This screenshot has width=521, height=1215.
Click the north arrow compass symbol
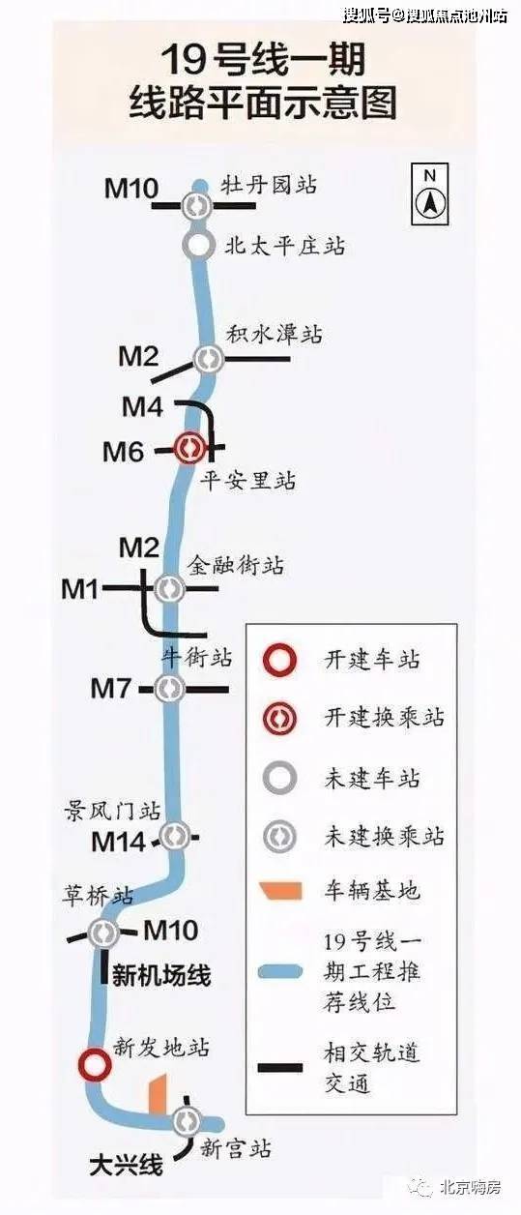pos(430,193)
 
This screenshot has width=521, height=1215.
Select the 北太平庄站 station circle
pos(199,245)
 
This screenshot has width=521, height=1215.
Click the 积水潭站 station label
pos(274,334)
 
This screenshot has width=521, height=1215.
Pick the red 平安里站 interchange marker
pos(188,448)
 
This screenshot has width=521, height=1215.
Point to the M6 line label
pos(124,452)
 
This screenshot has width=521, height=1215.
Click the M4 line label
pos(142,406)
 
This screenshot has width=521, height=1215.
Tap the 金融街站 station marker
pos(169,588)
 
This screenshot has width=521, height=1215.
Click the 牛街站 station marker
pos(168,689)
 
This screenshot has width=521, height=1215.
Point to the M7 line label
pos(110,689)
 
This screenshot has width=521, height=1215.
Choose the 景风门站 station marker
pos(175,836)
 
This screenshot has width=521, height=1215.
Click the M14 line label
pos(119,842)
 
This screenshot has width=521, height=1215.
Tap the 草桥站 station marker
pos(103,933)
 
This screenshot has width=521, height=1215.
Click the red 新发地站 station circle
pos(95,1063)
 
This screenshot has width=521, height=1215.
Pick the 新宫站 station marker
pos(188,1120)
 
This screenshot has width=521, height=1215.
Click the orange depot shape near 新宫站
pos(158,1094)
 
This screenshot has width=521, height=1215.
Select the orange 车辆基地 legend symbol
pos(280,892)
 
